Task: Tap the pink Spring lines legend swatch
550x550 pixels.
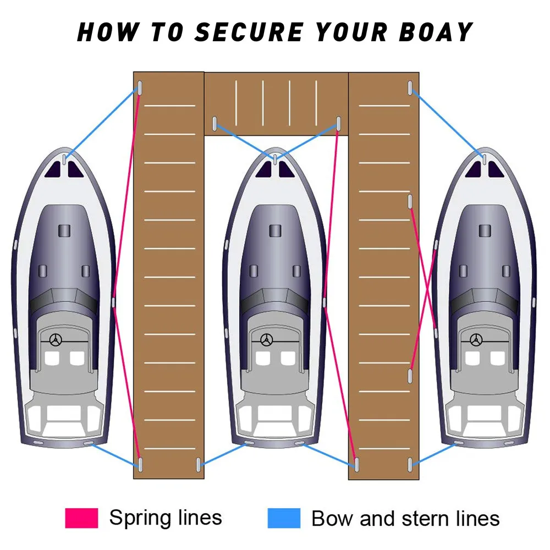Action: (x=81, y=518)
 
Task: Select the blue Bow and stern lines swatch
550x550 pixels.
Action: (x=284, y=518)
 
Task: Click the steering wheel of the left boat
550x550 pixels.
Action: (x=55, y=340)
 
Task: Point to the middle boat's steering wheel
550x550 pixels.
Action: (x=267, y=340)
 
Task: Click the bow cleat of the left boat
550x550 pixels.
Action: (x=64, y=159)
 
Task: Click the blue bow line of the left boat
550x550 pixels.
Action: (x=102, y=123)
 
